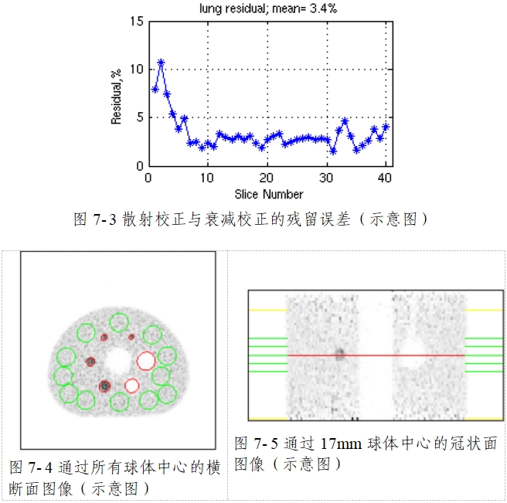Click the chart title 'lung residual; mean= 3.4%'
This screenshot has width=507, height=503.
267,8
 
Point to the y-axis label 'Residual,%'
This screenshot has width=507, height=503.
117,93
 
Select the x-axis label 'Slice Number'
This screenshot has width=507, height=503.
268,194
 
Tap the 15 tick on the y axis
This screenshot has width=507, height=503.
138,21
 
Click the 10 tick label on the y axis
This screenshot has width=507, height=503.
138,69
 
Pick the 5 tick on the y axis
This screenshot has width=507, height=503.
140,117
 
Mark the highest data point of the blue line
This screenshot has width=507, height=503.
161,62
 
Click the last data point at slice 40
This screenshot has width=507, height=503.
386,127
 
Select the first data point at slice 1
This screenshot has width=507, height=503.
155,90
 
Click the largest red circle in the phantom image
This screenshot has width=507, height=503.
145,360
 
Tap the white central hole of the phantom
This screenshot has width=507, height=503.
118,359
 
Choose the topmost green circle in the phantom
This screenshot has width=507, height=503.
119,321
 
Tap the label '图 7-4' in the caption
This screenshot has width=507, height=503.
31,467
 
